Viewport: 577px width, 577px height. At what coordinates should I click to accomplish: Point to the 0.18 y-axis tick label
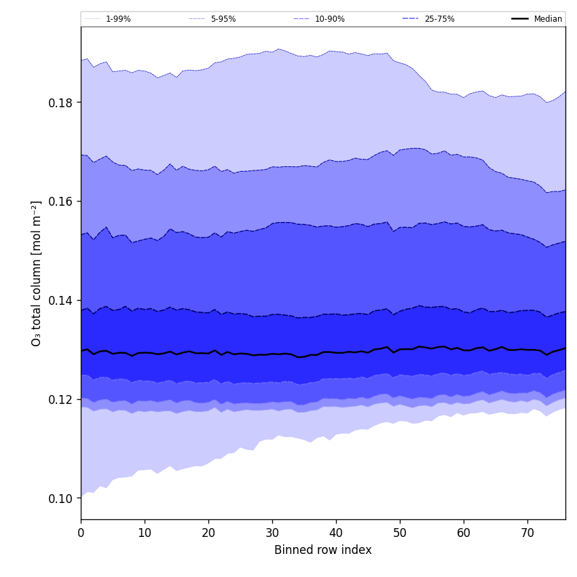coord(61,103)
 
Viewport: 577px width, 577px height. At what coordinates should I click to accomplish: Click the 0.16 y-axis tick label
coord(61,202)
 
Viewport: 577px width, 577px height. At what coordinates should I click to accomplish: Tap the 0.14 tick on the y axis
coord(61,300)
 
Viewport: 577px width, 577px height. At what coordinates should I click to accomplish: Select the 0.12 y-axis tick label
coord(61,399)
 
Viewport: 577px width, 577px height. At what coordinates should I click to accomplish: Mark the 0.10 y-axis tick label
coord(61,498)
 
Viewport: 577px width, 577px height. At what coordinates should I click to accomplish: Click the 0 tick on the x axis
coord(81,533)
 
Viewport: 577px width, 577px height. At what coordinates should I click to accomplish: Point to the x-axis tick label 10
coord(145,533)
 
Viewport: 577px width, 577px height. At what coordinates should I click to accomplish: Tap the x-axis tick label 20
coord(208,533)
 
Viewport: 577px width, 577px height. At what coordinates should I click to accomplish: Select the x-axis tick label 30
coord(272,533)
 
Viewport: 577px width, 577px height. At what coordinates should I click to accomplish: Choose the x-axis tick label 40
coord(336,533)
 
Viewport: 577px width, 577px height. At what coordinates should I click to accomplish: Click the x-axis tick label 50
coord(400,533)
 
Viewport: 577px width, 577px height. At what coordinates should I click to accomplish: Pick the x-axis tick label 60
coord(464,533)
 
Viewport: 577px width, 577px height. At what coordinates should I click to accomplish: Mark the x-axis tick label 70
coord(527,533)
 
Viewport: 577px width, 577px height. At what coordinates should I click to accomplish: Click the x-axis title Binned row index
coord(323,551)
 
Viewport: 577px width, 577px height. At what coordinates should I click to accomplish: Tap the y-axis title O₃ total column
coord(37,273)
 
